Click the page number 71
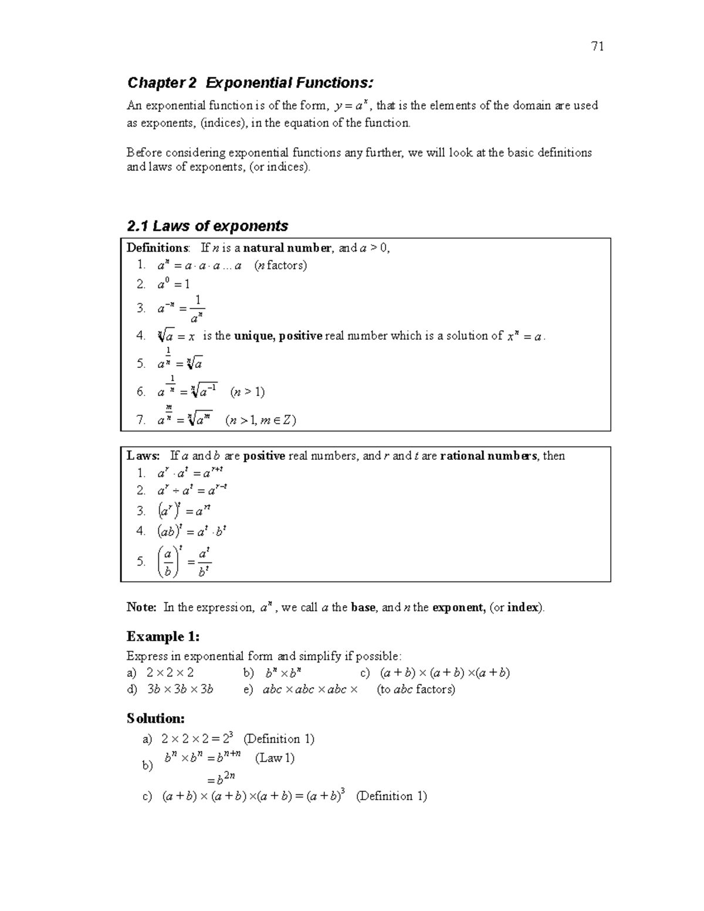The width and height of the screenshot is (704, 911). tap(598, 47)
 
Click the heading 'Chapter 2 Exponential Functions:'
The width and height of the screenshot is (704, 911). tap(250, 83)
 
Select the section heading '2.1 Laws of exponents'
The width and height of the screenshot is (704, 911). tap(207, 226)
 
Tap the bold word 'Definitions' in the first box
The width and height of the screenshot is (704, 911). tap(158, 248)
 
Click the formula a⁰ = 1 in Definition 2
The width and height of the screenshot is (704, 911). tap(174, 285)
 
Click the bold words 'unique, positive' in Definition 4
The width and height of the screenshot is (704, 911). tap(278, 336)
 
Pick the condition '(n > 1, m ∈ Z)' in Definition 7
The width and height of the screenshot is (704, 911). tap(260, 420)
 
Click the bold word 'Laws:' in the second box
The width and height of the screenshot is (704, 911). tap(143, 456)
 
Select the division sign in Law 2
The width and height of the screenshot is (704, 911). tap(175, 490)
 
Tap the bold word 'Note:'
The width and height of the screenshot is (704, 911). tap(141, 608)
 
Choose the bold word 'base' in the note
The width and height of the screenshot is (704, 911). tap(363, 608)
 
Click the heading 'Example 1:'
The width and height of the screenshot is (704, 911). tap(163, 636)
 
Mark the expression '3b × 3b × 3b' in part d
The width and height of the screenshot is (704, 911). tap(180, 689)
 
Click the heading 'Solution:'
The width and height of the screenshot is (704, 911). tap(156, 719)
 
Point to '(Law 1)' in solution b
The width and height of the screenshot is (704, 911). tap(275, 758)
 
